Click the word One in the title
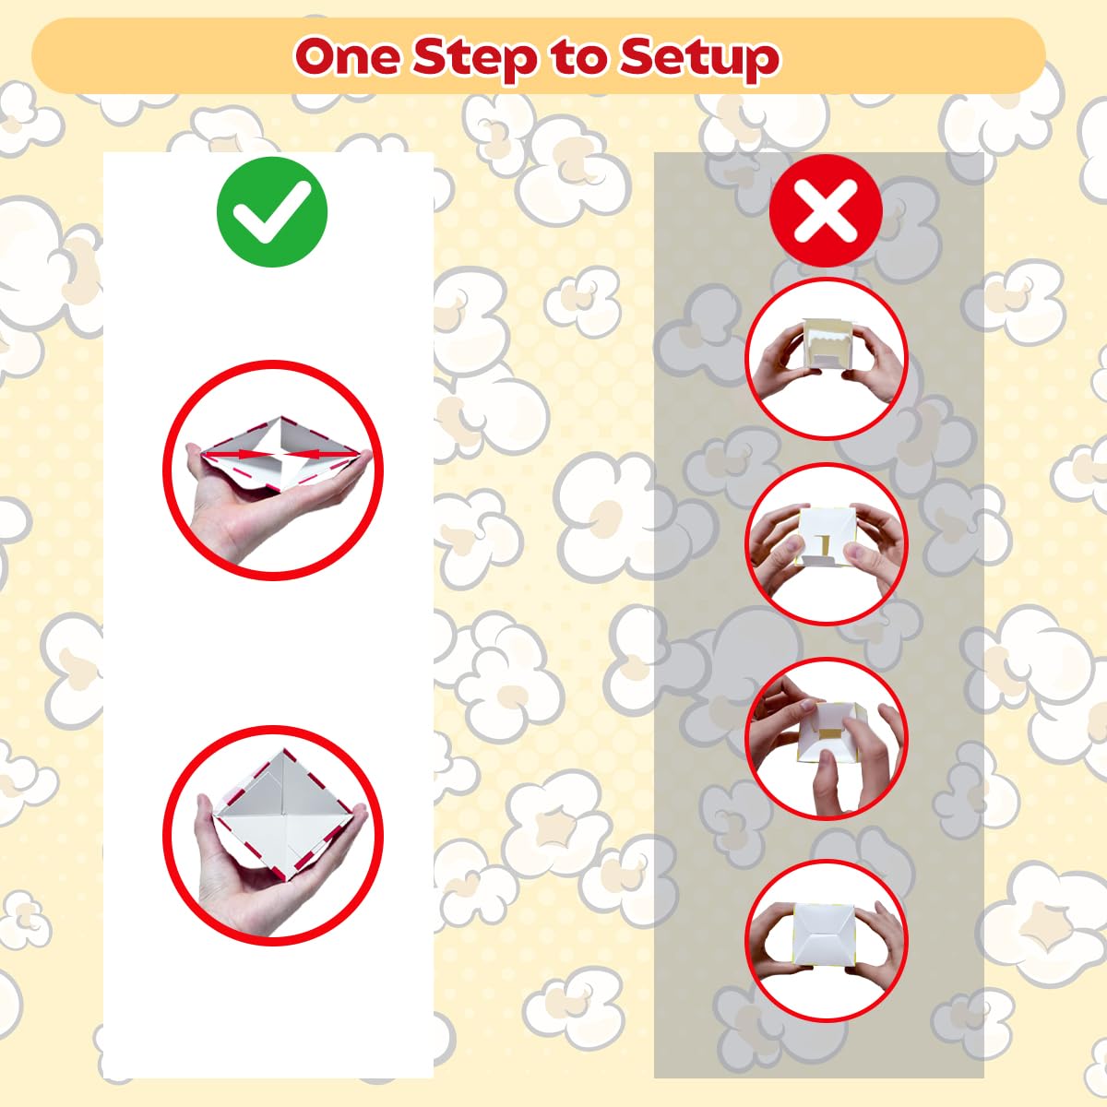click(x=348, y=56)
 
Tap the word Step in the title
click(x=475, y=60)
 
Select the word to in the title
click(x=578, y=57)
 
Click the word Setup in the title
click(x=699, y=60)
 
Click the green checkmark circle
click(x=272, y=211)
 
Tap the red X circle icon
click(x=826, y=211)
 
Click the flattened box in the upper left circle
click(x=280, y=454)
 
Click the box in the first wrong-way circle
click(x=826, y=343)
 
